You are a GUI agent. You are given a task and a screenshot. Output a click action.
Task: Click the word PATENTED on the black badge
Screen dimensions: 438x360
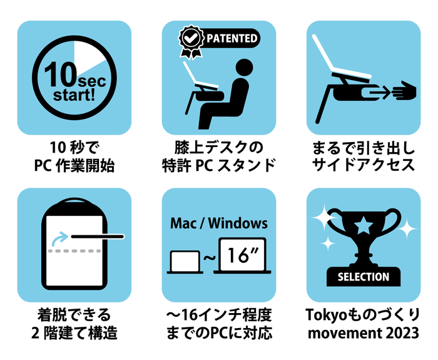tap(232, 38)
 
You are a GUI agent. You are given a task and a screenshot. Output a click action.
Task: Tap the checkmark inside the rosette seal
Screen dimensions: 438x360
tap(191, 38)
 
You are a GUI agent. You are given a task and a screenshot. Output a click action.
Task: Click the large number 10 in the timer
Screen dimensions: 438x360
tap(61, 75)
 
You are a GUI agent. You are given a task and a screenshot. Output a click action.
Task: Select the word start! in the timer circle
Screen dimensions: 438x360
tap(74, 95)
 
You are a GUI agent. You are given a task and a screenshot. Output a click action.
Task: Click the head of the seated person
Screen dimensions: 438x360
tap(245, 68)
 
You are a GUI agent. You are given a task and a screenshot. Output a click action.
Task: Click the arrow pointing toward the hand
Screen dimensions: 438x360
tap(378, 92)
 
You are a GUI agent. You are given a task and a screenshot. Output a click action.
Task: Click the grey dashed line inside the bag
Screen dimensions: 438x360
tap(74, 251)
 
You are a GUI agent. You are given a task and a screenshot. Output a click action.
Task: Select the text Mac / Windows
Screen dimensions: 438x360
tap(219, 224)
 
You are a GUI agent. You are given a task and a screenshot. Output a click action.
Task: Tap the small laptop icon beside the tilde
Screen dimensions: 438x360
tap(185, 262)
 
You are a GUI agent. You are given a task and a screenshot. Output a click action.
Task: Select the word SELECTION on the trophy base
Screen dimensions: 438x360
tap(364, 277)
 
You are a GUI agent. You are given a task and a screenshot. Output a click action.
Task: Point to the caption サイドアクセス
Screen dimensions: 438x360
tap(364, 165)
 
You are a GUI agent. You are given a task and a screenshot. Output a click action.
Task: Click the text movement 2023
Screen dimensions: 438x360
tap(364, 333)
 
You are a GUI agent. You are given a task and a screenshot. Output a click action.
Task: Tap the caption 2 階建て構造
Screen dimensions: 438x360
tap(74, 333)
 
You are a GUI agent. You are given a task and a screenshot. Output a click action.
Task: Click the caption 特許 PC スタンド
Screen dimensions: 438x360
tap(219, 165)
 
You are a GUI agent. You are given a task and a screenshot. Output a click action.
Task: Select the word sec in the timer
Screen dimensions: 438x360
tap(92, 81)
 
